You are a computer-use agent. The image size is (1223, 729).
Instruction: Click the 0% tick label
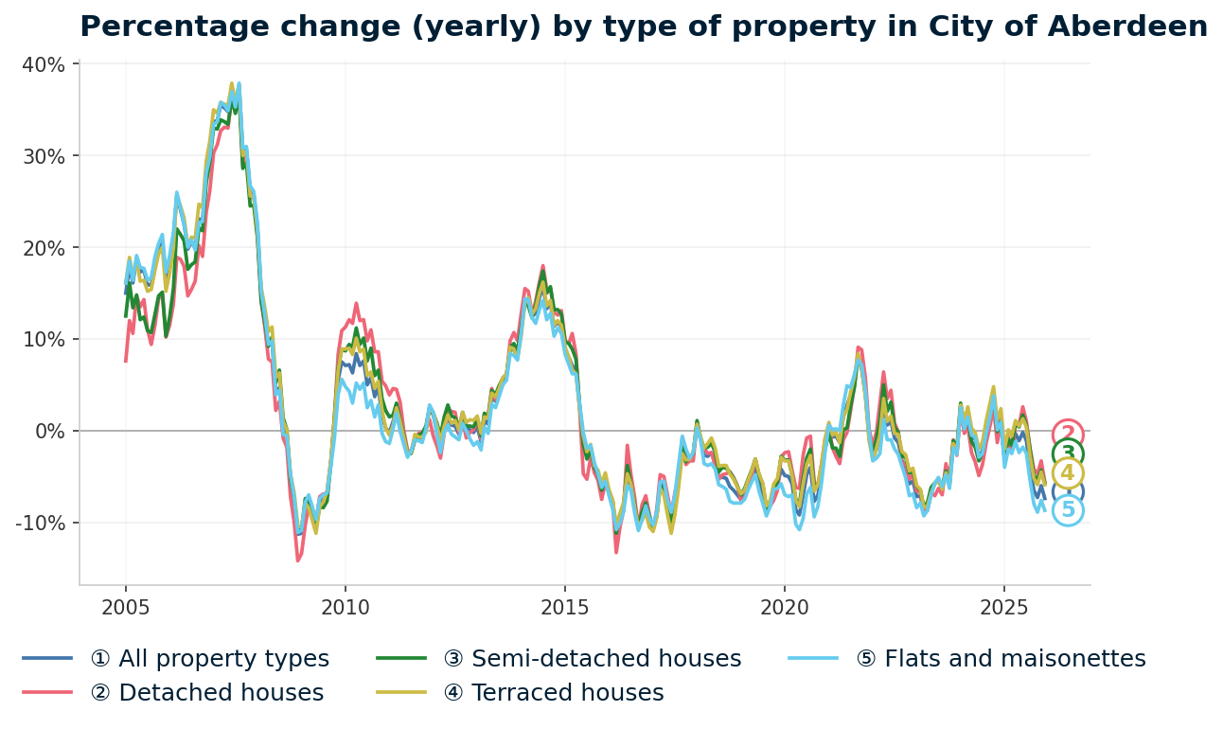click(x=50, y=431)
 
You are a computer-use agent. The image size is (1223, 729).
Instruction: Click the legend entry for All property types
click(x=209, y=659)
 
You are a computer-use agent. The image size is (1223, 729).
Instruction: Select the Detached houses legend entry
click(x=206, y=693)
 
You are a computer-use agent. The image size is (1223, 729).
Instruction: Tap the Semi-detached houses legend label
click(x=592, y=659)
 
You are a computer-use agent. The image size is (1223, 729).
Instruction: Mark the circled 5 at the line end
click(x=1068, y=511)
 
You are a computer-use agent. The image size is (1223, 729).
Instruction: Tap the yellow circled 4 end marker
click(x=1068, y=473)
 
